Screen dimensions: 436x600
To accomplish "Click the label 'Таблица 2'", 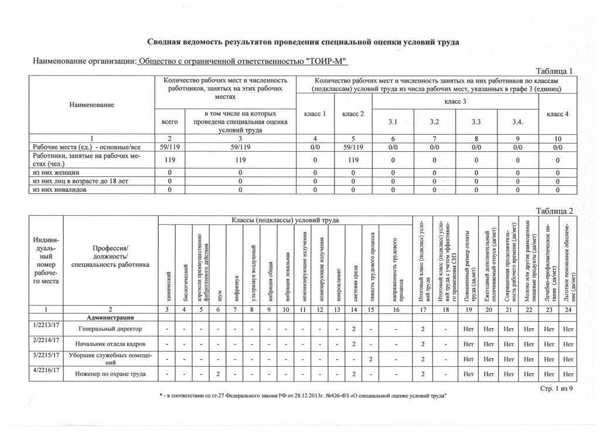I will [x=554, y=211].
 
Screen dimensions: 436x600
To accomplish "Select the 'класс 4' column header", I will [x=557, y=114].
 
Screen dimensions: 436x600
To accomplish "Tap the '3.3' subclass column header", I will [x=475, y=121].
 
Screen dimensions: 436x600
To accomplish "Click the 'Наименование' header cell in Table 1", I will [x=91, y=104].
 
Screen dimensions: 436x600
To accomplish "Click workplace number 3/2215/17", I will [x=46, y=355].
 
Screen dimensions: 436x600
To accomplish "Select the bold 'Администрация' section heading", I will [x=110, y=316].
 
